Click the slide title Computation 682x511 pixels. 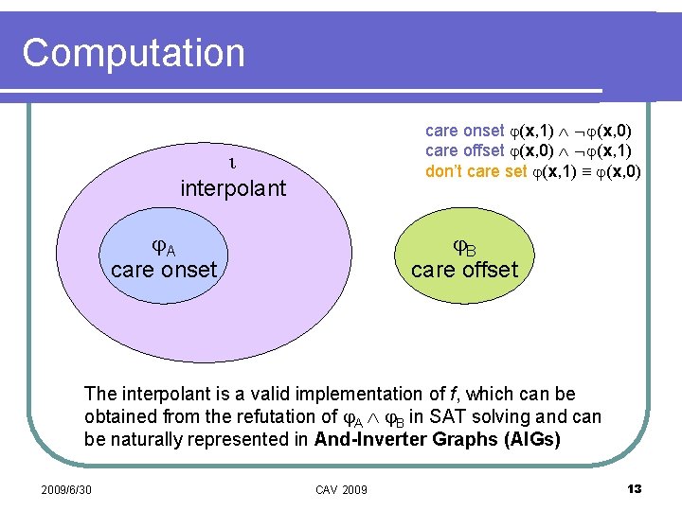pos(134,52)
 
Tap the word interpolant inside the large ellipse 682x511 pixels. pos(232,188)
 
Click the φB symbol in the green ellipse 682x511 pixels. pos(464,248)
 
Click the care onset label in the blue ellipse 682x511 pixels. pos(164,271)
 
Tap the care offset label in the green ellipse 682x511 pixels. pos(464,271)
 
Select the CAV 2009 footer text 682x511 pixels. pos(341,489)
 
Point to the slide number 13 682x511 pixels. pos(635,488)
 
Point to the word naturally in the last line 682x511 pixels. pos(146,439)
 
